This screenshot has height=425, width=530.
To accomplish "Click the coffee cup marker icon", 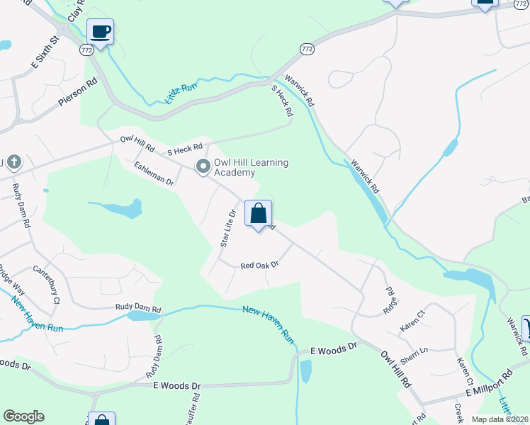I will point(100,31).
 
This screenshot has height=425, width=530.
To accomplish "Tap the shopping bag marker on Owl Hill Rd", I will point(259,212).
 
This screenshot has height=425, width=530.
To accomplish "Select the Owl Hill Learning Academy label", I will point(251,168).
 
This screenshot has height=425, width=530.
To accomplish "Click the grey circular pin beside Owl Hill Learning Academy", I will point(203,166).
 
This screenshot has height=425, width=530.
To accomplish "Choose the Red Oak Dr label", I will point(259,265).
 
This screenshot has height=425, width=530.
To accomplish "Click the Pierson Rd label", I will point(77,94).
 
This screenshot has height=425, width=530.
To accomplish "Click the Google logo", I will point(23,416).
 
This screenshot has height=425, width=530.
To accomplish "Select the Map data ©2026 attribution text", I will point(499,419).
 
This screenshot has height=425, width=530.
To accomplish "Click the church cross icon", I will point(2,163).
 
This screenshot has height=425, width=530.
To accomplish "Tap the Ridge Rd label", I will point(389,301).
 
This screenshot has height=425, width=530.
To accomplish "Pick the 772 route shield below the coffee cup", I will point(86,51).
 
